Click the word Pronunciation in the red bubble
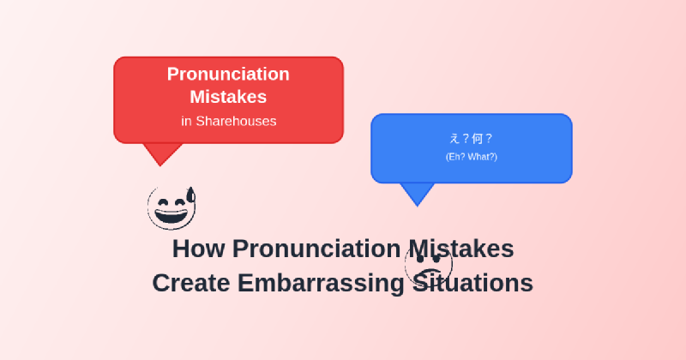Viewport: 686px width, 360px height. (228, 75)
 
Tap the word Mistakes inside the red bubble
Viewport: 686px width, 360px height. (228, 97)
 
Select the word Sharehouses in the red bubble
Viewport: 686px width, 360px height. (236, 122)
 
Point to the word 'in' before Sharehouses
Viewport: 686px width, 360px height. (186, 122)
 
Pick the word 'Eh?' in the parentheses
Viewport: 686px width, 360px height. (457, 157)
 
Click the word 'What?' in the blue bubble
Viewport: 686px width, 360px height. (482, 157)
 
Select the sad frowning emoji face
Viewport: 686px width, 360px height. (428, 265)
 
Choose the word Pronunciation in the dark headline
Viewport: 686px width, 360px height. (316, 249)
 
